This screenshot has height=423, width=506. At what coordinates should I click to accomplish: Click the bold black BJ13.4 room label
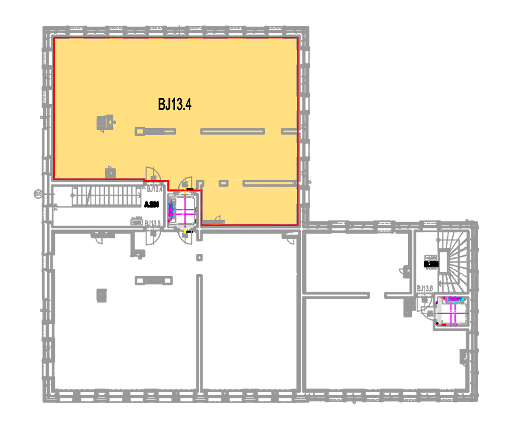coord(175,104)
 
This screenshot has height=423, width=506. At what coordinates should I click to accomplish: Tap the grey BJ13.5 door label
coord(153,223)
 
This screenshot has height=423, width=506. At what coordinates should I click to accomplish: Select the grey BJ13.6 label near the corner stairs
coord(425,289)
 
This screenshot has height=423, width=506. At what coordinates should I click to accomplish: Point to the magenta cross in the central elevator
coord(185,210)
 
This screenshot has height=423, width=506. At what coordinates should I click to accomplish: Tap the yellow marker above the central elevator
coord(185,190)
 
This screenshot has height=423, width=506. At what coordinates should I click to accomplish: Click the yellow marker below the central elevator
coord(185,231)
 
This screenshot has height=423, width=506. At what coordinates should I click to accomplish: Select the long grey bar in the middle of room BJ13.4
coord(233,132)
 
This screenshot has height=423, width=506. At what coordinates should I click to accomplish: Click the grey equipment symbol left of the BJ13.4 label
coord(105,123)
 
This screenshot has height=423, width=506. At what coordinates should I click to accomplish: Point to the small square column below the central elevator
coord(199,257)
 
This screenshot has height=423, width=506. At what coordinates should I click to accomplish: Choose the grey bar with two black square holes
coord(154,281)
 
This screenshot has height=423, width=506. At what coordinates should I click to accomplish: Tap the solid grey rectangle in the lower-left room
coord(102,295)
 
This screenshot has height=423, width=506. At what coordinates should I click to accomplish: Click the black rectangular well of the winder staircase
coord(443,262)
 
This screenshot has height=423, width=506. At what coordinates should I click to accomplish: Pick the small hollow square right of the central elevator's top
coord(224,183)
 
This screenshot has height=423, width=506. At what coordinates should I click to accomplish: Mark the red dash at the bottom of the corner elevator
coord(444,325)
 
